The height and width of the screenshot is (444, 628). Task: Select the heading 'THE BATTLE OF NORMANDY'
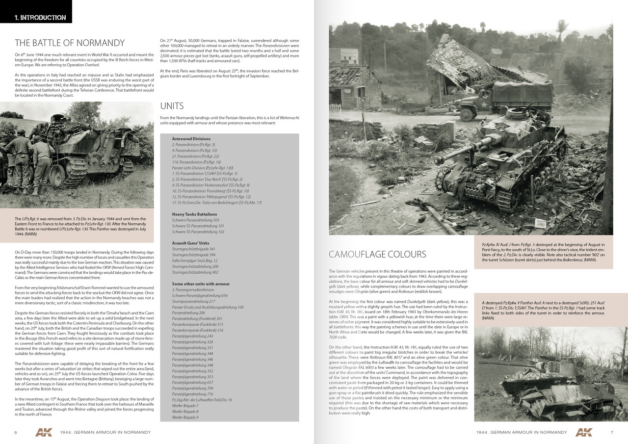70,43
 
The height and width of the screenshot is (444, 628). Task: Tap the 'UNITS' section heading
172,106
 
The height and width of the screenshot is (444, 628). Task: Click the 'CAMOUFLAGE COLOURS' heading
377,254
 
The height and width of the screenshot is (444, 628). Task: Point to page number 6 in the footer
16,432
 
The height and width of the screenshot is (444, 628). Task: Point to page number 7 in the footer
611,432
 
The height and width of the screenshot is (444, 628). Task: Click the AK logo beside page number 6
44,432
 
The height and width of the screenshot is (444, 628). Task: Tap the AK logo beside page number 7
583,432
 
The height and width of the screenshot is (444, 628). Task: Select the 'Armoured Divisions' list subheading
191,139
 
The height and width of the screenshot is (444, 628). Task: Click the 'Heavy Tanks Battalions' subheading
194,214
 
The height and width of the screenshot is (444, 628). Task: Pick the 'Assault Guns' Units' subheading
190,243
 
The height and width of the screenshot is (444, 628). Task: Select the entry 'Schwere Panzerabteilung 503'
195,220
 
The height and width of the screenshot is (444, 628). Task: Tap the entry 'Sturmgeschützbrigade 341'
193,249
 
